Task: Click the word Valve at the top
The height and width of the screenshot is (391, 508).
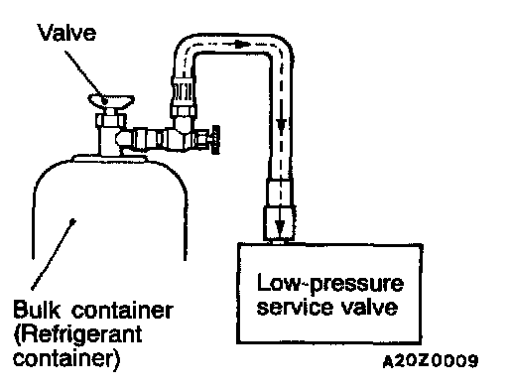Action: pyautogui.click(x=67, y=33)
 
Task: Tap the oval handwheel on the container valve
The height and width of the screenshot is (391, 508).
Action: pyautogui.click(x=111, y=100)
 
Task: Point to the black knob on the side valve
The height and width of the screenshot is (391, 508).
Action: pyautogui.click(x=216, y=140)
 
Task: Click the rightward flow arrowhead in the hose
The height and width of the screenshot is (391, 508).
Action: pyautogui.click(x=244, y=44)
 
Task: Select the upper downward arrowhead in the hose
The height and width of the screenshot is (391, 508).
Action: pyautogui.click(x=281, y=127)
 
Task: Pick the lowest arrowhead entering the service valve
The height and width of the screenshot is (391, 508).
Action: pyautogui.click(x=280, y=227)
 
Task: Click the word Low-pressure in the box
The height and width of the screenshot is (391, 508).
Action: pyautogui.click(x=330, y=284)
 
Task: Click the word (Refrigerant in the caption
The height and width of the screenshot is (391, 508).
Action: pyautogui.click(x=78, y=335)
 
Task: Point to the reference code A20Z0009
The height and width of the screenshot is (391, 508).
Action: pyautogui.click(x=431, y=361)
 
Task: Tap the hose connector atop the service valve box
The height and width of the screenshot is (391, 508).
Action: pyautogui.click(x=279, y=209)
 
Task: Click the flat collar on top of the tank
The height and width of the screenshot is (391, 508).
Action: pyautogui.click(x=109, y=159)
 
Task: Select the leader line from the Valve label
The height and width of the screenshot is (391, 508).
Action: pyautogui.click(x=85, y=76)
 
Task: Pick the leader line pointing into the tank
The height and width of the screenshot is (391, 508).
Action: pyautogui.click(x=53, y=254)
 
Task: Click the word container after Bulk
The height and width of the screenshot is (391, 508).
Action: pyautogui.click(x=122, y=310)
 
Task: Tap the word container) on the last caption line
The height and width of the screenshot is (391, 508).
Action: pyautogui.click(x=66, y=359)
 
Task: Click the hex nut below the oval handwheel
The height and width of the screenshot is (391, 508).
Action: pyautogui.click(x=110, y=120)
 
